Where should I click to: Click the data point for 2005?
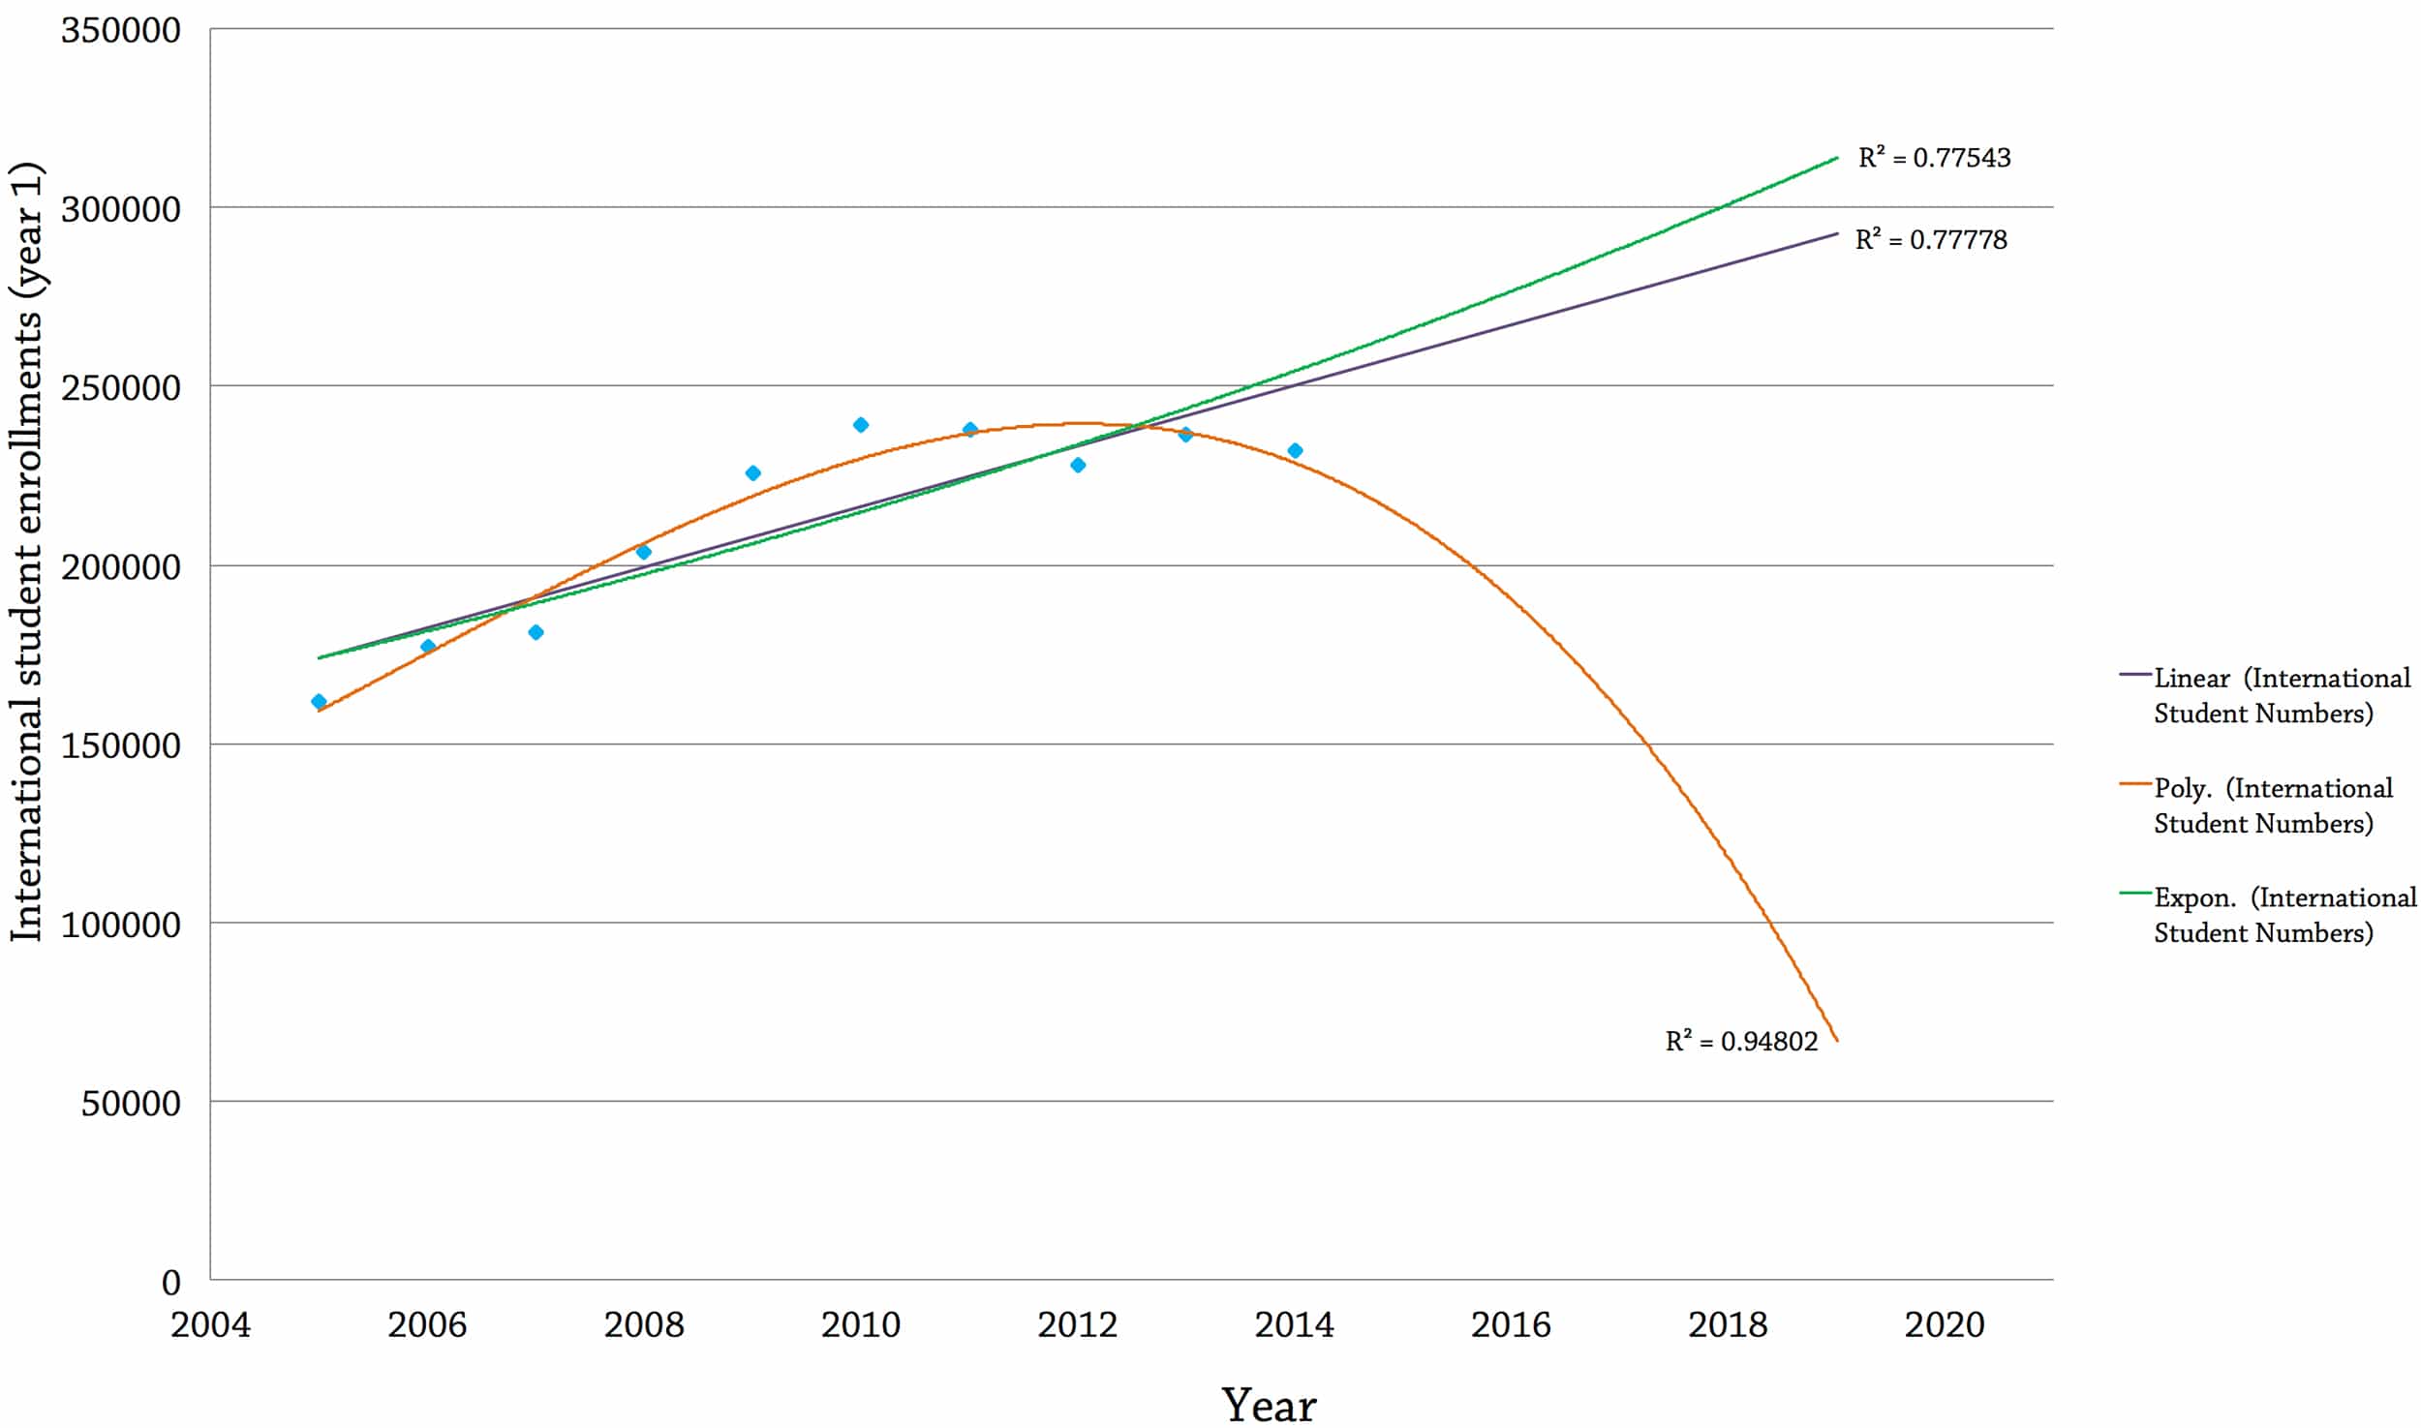(x=319, y=701)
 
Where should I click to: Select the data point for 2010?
(x=861, y=425)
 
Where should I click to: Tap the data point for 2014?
(x=1295, y=450)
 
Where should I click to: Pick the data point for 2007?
(x=536, y=632)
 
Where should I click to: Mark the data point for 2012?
(x=1078, y=465)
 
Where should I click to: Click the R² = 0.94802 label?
(x=1741, y=1041)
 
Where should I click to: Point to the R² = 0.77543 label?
(x=1934, y=158)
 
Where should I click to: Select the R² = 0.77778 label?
(x=1931, y=239)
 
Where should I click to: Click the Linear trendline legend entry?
(x=2266, y=695)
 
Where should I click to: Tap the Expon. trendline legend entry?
(x=2266, y=915)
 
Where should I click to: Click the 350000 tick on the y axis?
(x=121, y=30)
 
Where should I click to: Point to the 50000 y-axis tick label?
(x=131, y=1103)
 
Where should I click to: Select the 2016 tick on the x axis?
(x=1511, y=1323)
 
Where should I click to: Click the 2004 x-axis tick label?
(x=210, y=1323)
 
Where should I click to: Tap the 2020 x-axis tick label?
(x=1945, y=1323)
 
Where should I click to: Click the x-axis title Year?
(x=1269, y=1404)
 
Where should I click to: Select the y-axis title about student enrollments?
(x=27, y=552)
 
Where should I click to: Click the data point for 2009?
(x=752, y=473)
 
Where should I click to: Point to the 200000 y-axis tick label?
(x=121, y=566)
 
